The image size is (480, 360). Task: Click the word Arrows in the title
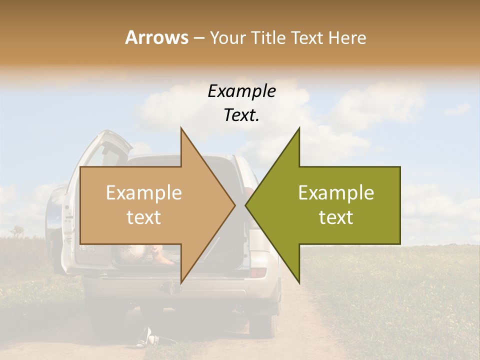point(156,37)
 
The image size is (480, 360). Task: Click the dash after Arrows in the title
point(199,38)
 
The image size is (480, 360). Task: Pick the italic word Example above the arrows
point(241,91)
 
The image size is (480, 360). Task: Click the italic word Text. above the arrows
point(241,115)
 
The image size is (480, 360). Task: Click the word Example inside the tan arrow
point(143,193)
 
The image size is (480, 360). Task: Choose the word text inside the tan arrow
point(143,217)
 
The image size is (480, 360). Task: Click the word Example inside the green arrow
point(336,193)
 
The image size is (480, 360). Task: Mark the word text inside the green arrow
point(336,217)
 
